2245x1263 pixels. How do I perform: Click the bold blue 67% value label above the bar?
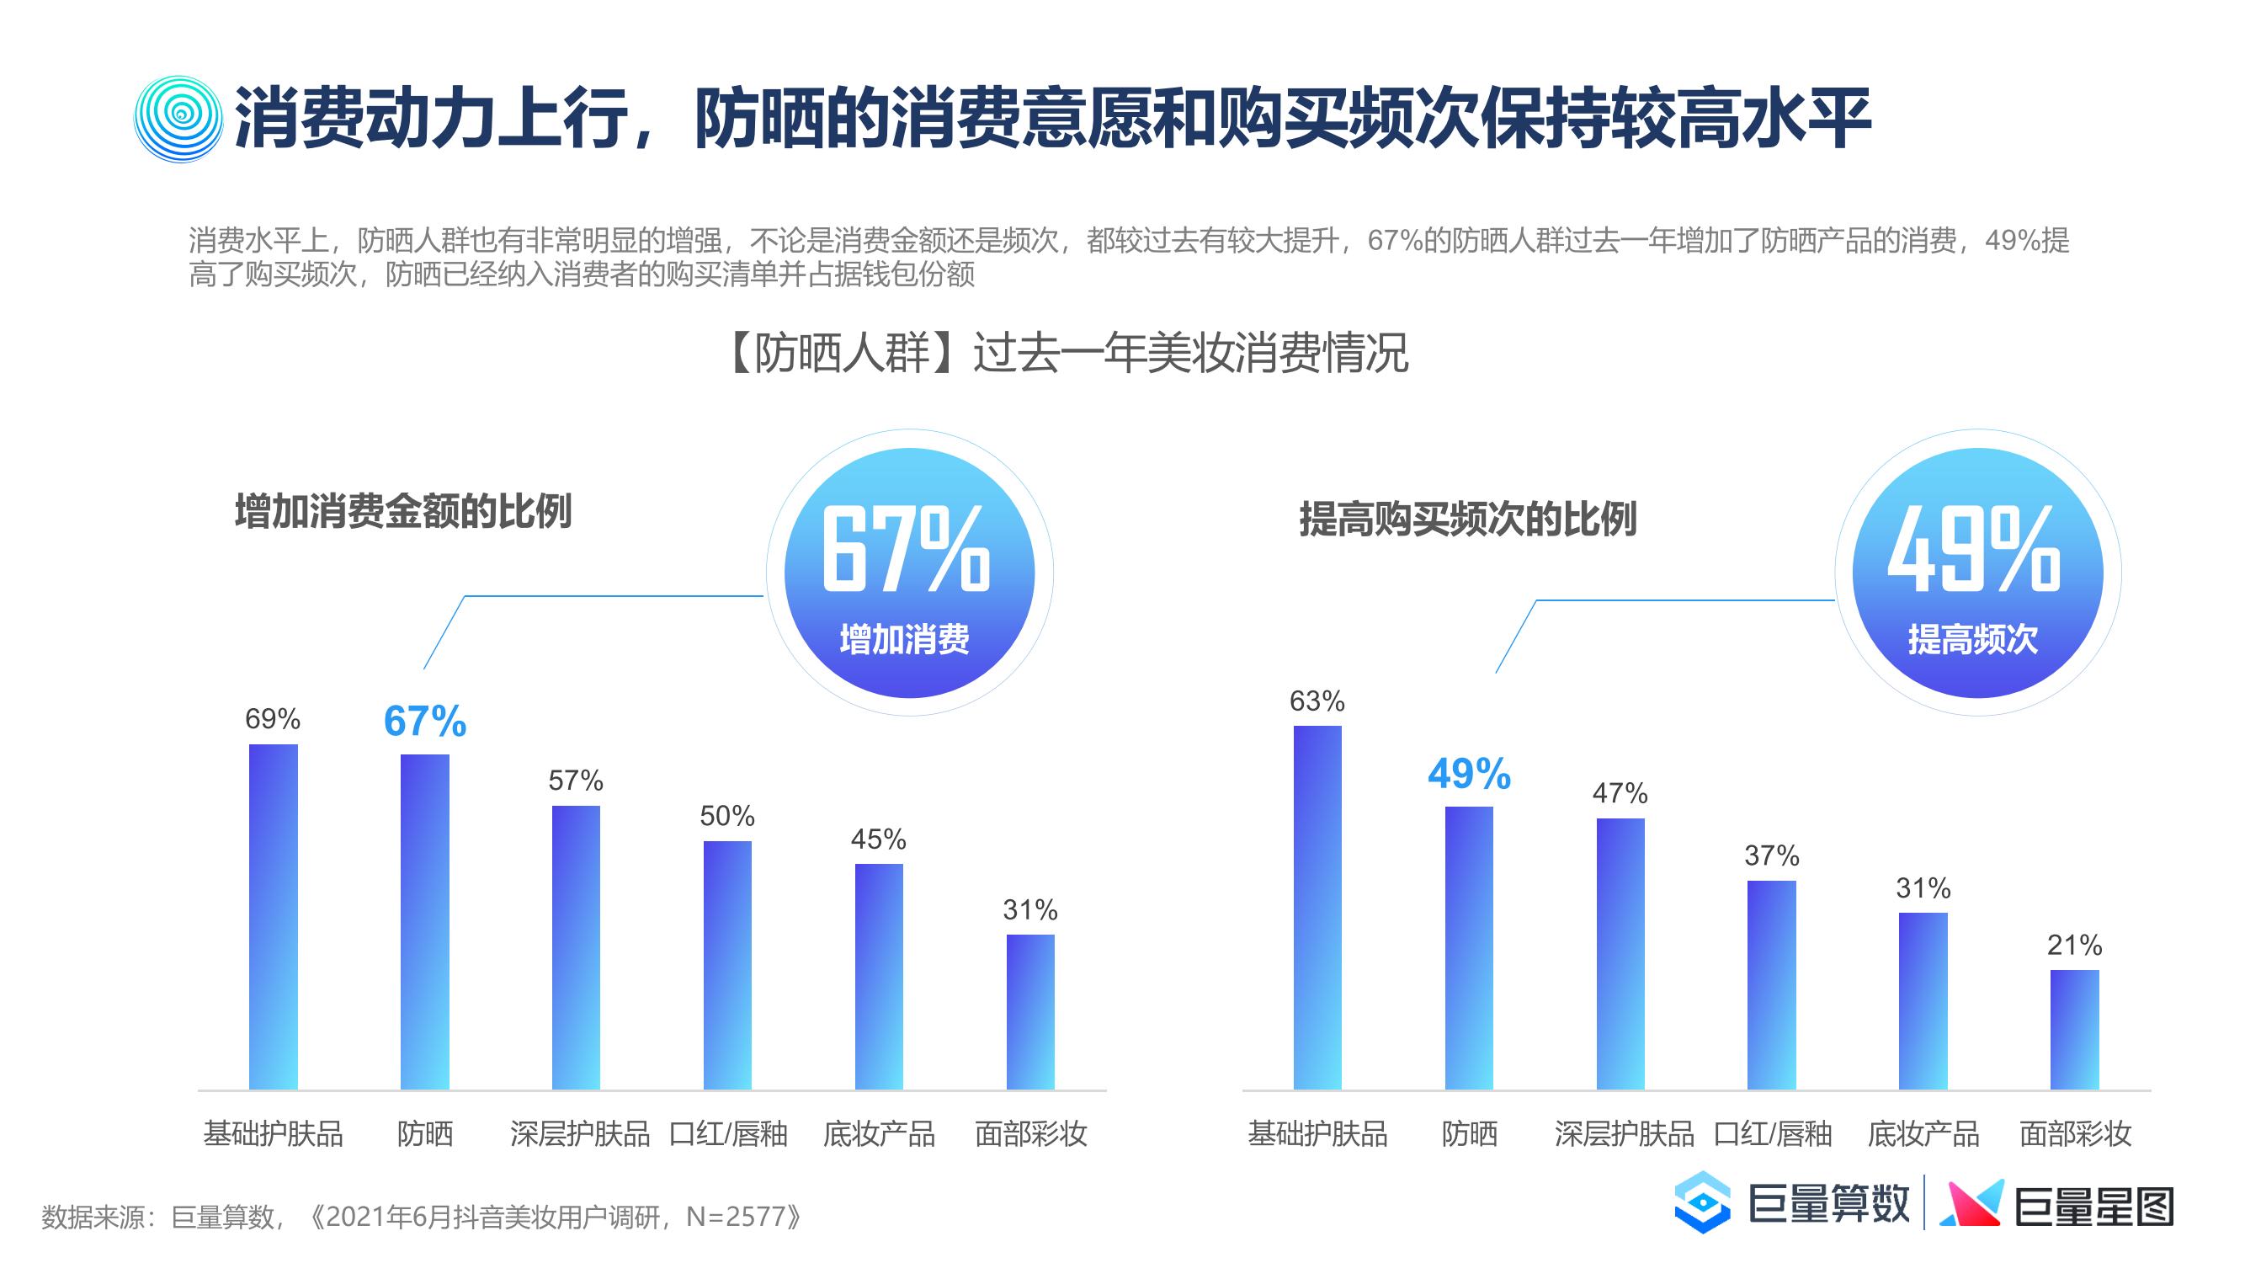pyautogui.click(x=425, y=721)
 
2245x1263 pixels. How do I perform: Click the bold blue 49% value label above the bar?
pyautogui.click(x=1470, y=773)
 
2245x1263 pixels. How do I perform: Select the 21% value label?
pyautogui.click(x=2074, y=944)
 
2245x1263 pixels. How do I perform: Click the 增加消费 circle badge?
pyautogui.click(x=909, y=573)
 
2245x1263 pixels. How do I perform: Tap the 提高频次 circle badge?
pyautogui.click(x=1977, y=573)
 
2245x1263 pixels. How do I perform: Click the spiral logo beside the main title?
pyautogui.click(x=178, y=120)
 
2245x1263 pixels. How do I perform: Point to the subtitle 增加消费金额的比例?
pyautogui.click(x=402, y=512)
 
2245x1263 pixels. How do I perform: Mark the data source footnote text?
pyautogui.click(x=421, y=1216)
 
